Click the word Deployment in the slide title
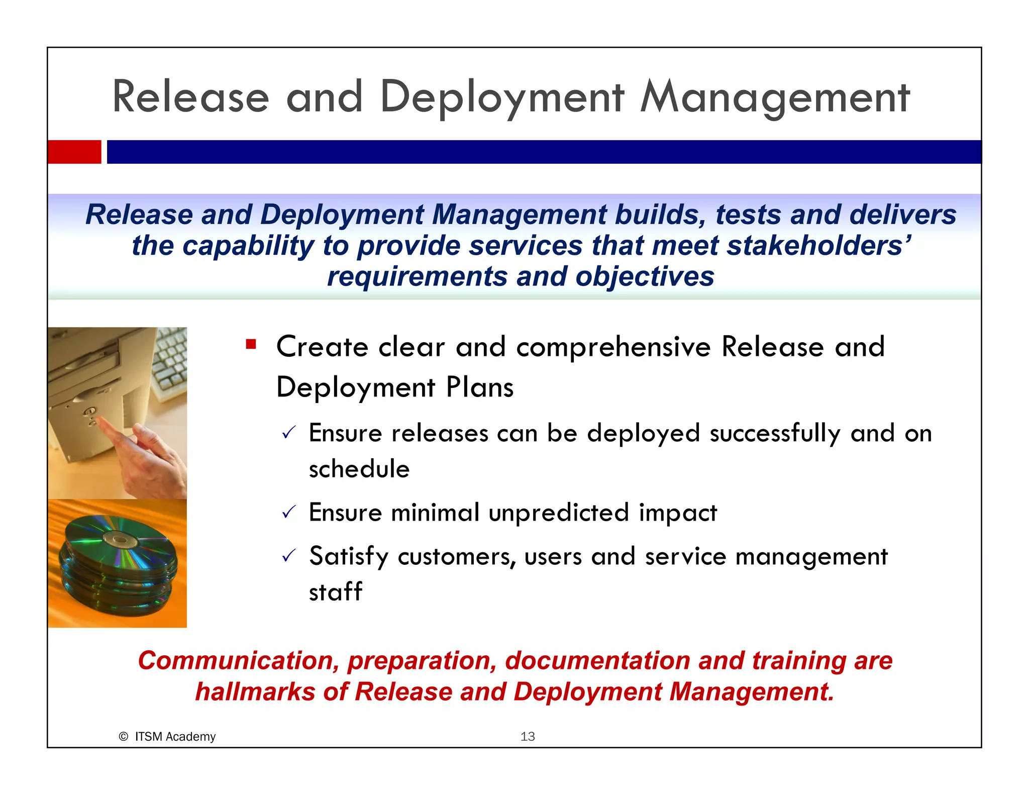coord(502,97)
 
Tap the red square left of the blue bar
coord(74,152)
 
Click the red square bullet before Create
coord(251,344)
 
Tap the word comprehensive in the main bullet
coord(613,347)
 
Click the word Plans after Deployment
coord(480,387)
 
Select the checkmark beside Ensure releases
coord(289,432)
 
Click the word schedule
coord(359,469)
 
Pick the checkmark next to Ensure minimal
coord(289,512)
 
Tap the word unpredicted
coord(558,513)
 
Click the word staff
coord(335,591)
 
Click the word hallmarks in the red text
coord(255,691)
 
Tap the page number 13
coord(527,737)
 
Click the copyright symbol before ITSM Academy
coord(123,737)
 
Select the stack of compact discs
coord(118,565)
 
